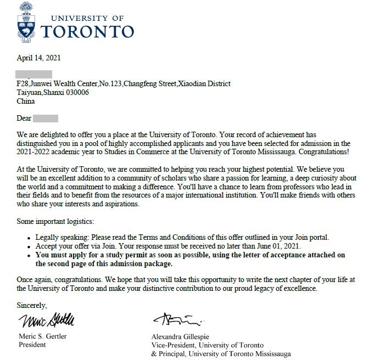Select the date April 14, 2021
(38, 58)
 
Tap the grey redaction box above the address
(34, 74)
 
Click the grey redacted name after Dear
(46, 118)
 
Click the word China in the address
(26, 102)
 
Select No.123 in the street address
(110, 84)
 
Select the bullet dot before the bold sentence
(29, 255)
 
